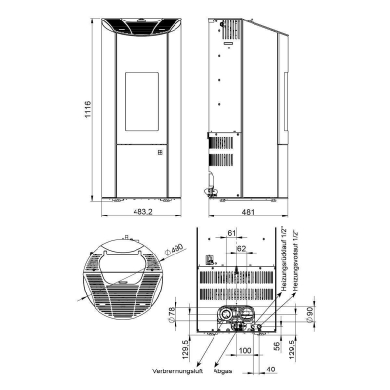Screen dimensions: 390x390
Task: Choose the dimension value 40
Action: coord(268,369)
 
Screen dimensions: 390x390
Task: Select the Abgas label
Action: coord(221,370)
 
